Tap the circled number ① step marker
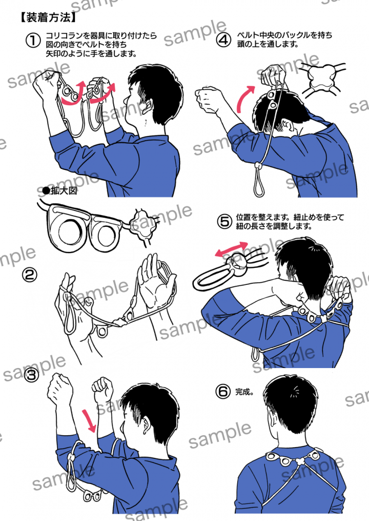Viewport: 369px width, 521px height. click(33, 41)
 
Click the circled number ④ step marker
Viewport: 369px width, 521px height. click(223, 40)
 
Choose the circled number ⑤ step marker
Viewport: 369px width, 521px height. click(224, 222)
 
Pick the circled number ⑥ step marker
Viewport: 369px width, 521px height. click(223, 392)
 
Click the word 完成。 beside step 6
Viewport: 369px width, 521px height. click(244, 392)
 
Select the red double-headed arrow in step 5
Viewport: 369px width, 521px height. click(231, 249)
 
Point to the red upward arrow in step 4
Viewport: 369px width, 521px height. click(245, 99)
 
